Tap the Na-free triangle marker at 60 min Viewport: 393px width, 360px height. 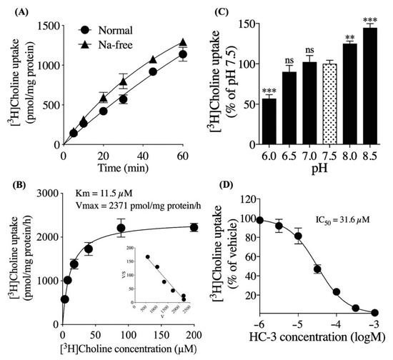183,42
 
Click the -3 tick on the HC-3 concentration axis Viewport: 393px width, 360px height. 374,326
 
